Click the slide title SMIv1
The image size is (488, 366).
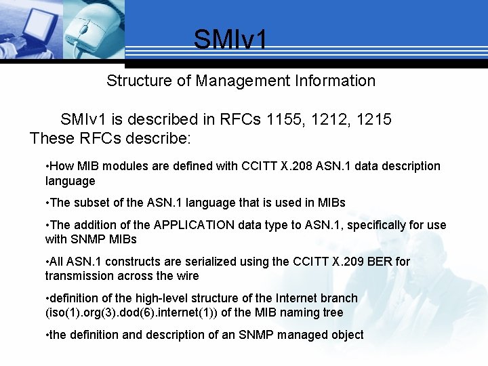pyautogui.click(x=230, y=39)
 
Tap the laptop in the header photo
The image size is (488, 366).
pyautogui.click(x=24, y=27)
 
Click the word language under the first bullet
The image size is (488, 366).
pyautogui.click(x=70, y=182)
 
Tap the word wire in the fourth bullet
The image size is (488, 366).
pyautogui.click(x=187, y=276)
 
